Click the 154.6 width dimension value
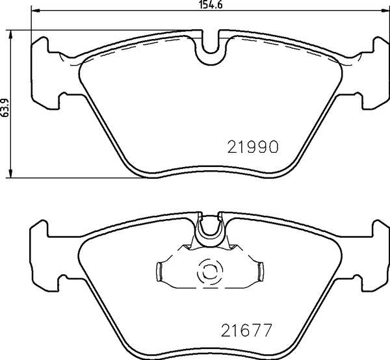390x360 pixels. click(x=211, y=5)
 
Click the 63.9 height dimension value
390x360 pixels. click(x=5, y=108)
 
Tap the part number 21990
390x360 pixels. click(x=253, y=147)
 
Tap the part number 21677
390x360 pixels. click(x=246, y=330)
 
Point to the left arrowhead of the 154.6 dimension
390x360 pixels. click(x=35, y=10)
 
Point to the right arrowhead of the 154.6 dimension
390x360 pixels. click(x=385, y=10)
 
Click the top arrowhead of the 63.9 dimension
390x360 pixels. click(x=10, y=34)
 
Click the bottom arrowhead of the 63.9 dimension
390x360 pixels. click(x=10, y=174)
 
